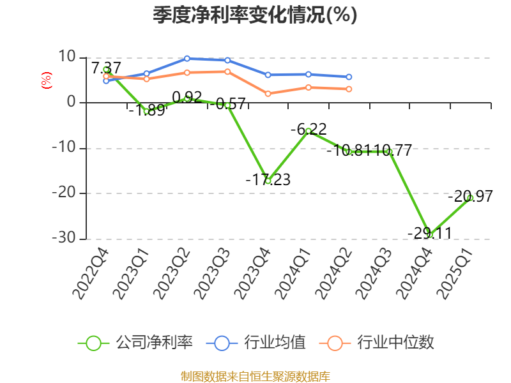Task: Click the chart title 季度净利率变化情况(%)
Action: point(255,15)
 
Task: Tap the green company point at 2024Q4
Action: point(430,235)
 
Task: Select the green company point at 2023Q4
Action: point(268,181)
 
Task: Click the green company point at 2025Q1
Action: point(470,198)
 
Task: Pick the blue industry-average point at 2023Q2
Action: point(187,59)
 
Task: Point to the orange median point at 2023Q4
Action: point(268,94)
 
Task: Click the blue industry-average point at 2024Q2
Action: point(349,77)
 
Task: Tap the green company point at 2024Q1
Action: point(309,131)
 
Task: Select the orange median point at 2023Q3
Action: point(227,71)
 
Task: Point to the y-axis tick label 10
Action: point(66,57)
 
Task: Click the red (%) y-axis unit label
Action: point(46,80)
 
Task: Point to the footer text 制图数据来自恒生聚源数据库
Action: point(255,376)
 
